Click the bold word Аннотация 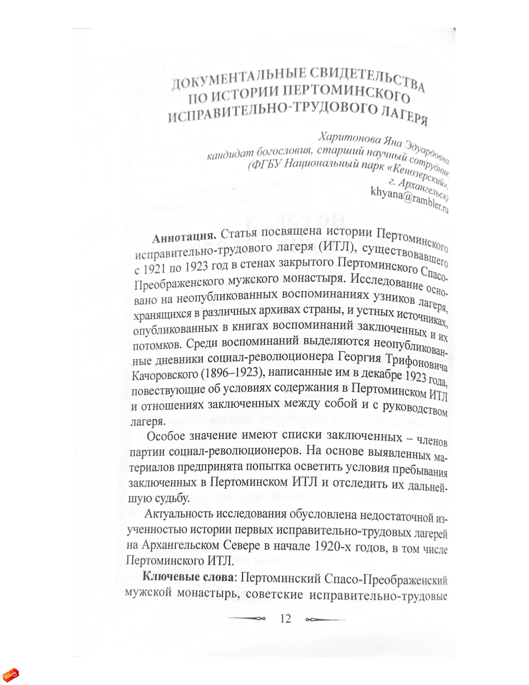coord(184,237)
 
